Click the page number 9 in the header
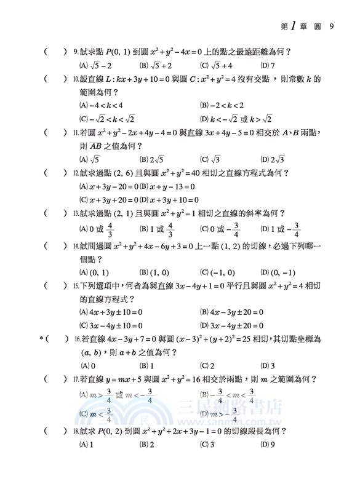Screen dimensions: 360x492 point(332,26)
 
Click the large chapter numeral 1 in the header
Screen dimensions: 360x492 point(295,25)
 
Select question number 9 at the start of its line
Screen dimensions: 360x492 point(74,52)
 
